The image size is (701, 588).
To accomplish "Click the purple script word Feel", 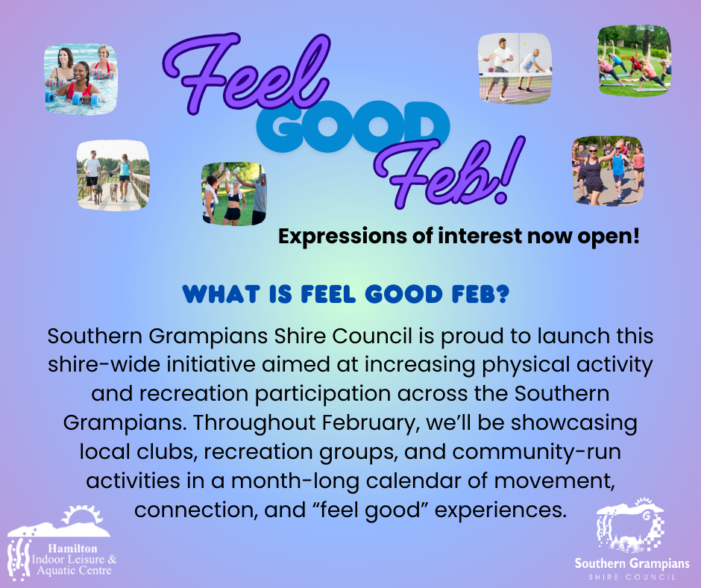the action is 246,74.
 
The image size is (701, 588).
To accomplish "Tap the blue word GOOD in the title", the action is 353,126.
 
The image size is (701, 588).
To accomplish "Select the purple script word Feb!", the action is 451,172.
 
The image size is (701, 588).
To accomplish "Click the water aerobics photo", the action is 81,79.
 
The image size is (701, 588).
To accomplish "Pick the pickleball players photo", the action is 515,68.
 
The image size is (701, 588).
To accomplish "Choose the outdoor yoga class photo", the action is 635,60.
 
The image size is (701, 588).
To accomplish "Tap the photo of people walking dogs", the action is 113,175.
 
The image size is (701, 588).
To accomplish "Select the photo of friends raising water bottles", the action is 234,194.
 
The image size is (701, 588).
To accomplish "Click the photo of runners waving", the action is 608,171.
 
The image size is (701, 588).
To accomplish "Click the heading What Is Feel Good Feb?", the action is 346,294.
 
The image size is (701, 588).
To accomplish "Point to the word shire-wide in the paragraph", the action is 104,365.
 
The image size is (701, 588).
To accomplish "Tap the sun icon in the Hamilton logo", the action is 83,515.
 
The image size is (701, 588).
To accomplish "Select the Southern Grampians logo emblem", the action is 630,525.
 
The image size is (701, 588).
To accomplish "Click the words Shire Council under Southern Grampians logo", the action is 632,578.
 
